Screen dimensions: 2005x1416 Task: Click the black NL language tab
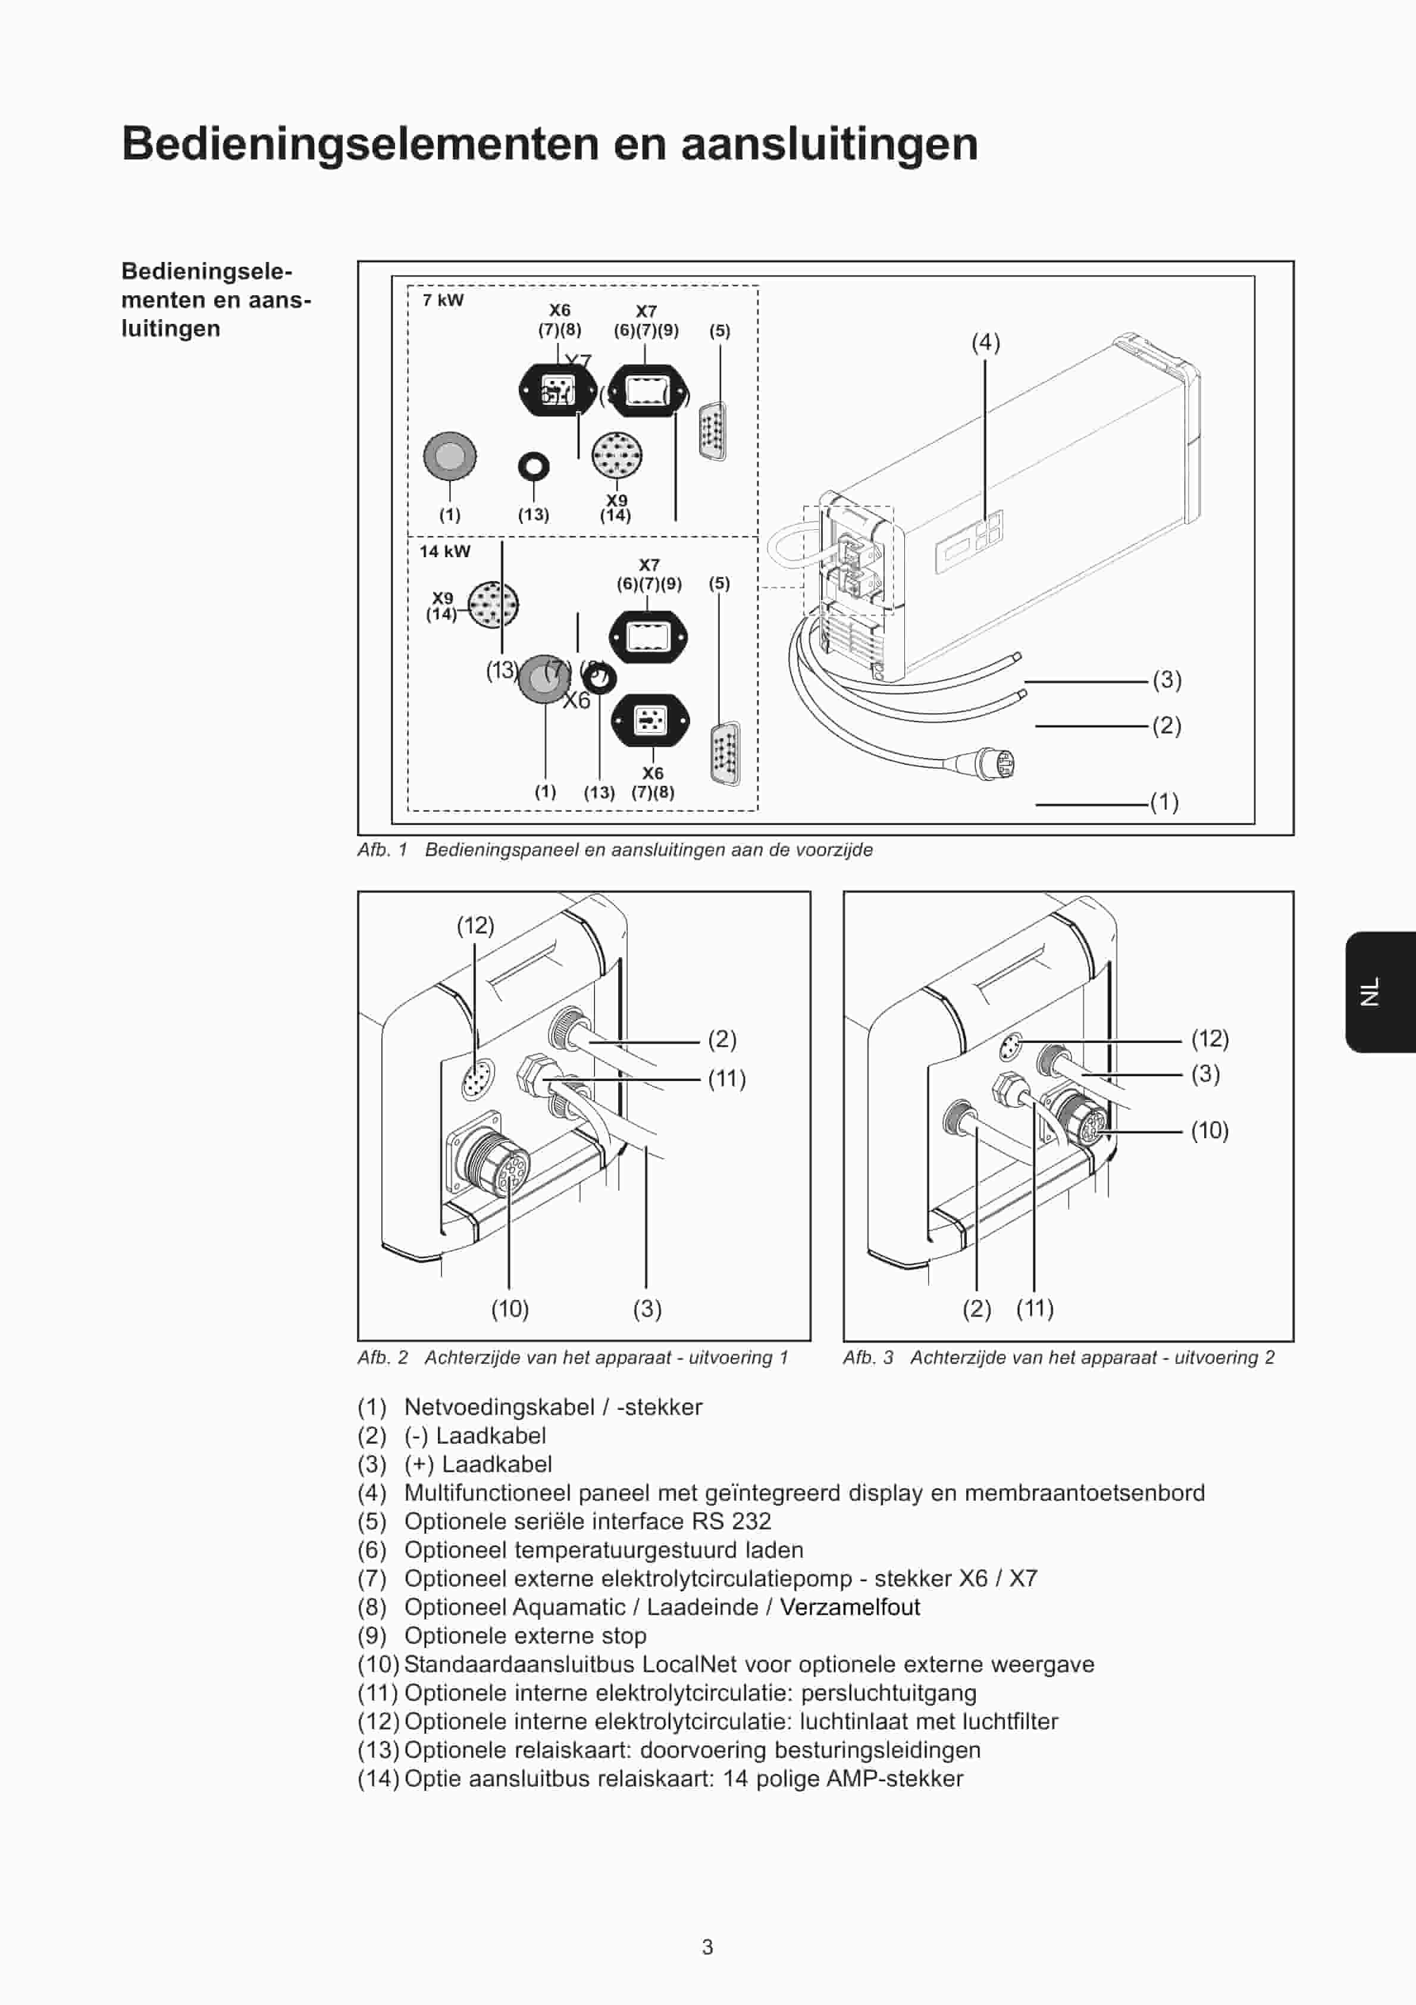coord(1379,991)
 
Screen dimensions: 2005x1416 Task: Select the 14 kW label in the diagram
coord(444,551)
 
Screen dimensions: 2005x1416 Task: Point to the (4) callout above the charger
coord(986,342)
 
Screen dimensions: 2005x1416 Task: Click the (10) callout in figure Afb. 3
coord(1209,1131)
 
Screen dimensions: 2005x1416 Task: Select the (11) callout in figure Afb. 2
coord(726,1079)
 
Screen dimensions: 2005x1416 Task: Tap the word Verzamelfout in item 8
coord(850,1607)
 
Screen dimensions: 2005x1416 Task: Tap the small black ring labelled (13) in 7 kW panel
coord(534,466)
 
